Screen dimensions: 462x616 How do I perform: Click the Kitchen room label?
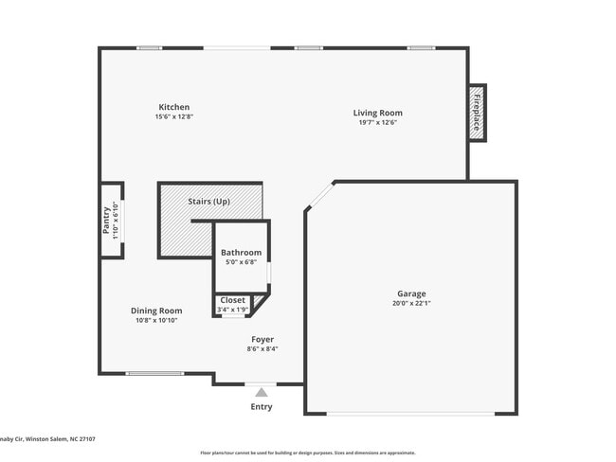[173, 107]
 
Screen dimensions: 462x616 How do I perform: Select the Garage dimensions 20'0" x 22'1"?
[411, 303]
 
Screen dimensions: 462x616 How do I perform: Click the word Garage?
[411, 293]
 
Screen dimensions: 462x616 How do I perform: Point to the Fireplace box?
[477, 113]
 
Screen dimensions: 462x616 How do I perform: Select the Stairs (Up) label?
[209, 202]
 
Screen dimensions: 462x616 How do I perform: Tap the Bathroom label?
[241, 253]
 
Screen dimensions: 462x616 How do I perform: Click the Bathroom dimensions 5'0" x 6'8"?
[241, 262]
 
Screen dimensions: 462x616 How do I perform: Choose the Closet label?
[232, 300]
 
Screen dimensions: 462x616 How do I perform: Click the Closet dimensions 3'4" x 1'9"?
[232, 310]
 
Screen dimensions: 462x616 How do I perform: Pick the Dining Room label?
[156, 311]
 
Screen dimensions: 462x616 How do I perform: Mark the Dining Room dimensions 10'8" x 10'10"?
[156, 320]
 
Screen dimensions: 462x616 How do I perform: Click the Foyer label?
[263, 339]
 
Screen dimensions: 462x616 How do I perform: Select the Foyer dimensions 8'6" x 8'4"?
[263, 348]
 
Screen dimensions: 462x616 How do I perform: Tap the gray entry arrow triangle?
[261, 391]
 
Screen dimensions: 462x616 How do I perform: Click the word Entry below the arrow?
[261, 407]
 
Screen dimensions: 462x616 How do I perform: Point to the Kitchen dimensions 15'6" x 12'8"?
[173, 116]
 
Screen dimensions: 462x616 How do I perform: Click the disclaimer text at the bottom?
[307, 453]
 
